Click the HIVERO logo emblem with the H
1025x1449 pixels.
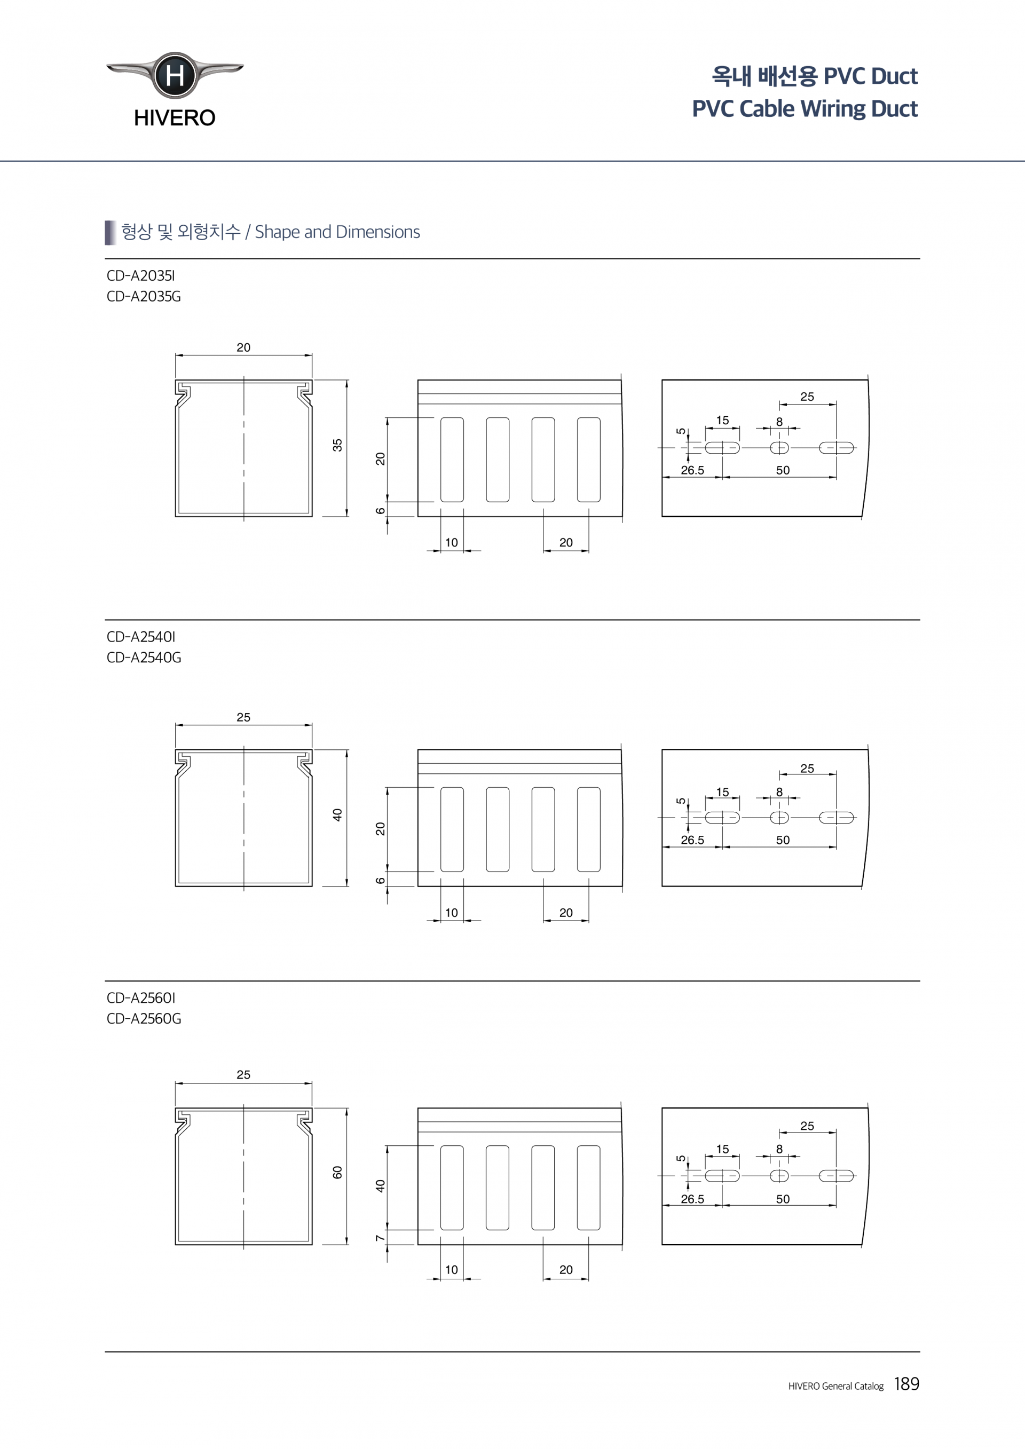175,75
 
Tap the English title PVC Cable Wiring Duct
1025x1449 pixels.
804,108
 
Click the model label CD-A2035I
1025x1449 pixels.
141,276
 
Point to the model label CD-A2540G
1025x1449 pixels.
144,658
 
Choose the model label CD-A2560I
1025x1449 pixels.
141,998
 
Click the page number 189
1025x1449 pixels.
906,1384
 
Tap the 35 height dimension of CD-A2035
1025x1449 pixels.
338,445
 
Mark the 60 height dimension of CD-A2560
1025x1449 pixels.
338,1172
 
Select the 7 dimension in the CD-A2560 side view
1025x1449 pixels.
380,1238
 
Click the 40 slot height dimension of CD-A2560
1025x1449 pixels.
380,1186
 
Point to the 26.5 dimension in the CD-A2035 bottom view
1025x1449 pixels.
692,471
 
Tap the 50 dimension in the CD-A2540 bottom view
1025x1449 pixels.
783,840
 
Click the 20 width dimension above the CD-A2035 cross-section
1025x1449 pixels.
243,348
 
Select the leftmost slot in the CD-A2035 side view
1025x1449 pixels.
452,460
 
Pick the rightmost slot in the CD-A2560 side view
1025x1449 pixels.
588,1187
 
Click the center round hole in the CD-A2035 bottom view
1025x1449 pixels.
779,448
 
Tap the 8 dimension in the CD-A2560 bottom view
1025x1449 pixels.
779,1149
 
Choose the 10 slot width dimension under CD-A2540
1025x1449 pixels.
451,913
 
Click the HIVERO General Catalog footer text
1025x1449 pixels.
835,1386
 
